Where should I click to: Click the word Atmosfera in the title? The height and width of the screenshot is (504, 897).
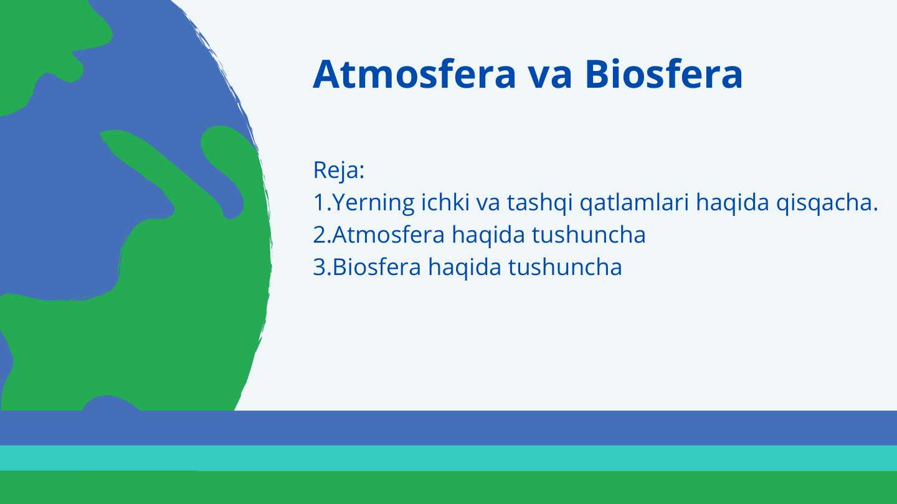(414, 75)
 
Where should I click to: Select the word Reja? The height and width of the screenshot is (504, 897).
(338, 170)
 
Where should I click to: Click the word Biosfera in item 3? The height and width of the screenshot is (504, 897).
(377, 268)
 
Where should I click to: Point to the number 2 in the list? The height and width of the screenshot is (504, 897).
(319, 235)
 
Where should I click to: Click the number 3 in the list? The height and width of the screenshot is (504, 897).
(319, 268)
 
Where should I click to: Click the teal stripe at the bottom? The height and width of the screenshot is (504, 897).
(448, 458)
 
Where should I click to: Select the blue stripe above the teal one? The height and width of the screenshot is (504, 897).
(448, 428)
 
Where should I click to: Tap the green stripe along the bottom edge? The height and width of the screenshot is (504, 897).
(448, 488)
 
